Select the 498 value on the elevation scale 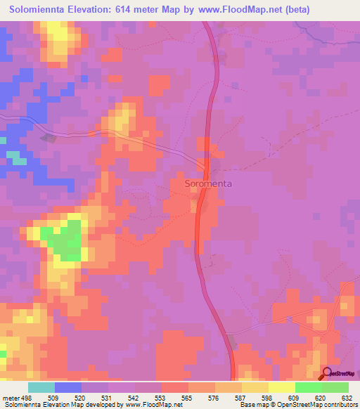click(x=27, y=397)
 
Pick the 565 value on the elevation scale click(x=188, y=397)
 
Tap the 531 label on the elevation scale click(x=108, y=397)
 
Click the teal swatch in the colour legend click(x=41, y=387)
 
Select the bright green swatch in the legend click(x=308, y=387)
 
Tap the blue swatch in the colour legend click(x=67, y=387)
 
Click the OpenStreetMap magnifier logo click(x=327, y=372)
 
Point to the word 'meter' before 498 click(x=11, y=397)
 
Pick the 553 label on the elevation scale click(x=161, y=397)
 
